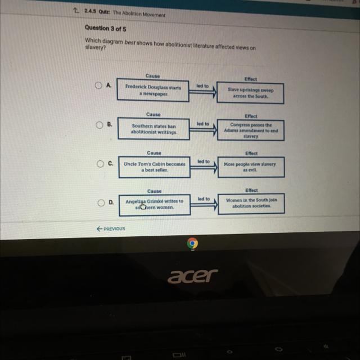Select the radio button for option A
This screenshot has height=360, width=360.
[x=98, y=85]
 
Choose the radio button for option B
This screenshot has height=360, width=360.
[x=100, y=125]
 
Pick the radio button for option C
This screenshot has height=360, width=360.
[x=100, y=164]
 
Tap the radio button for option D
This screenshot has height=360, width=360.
[x=101, y=202]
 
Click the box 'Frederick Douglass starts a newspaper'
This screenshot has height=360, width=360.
[x=153, y=90]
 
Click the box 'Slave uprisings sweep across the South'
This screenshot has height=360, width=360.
[x=250, y=93]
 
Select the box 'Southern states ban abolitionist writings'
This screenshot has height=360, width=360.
[x=154, y=129]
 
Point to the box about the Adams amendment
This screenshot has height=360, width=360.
[x=251, y=130]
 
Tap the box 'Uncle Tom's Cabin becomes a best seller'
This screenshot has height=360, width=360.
[x=154, y=167]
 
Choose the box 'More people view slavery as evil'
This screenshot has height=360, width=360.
[x=251, y=167]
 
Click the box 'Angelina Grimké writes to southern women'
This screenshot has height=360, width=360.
[x=155, y=205]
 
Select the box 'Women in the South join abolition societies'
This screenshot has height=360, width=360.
[x=251, y=204]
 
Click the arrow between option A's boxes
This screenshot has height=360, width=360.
[x=202, y=92]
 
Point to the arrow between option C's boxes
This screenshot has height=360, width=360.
[x=204, y=168]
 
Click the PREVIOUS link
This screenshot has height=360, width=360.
[x=111, y=229]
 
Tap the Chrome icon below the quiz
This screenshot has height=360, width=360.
[x=192, y=243]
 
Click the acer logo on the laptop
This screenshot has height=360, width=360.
[x=192, y=276]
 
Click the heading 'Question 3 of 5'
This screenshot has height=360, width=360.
[x=105, y=29]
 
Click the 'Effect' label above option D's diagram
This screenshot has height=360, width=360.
[x=251, y=190]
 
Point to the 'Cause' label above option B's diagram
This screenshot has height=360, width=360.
[x=154, y=114]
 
